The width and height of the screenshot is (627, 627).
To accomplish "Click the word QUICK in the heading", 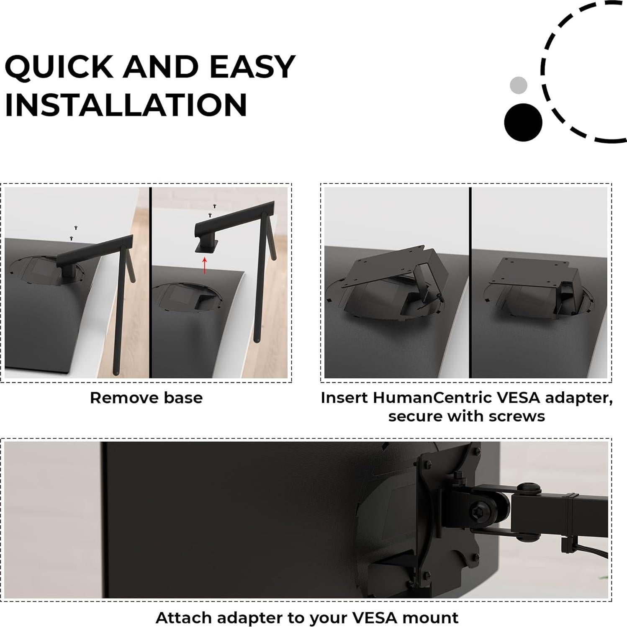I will (58, 67).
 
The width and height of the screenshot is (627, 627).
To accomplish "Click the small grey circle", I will (518, 85).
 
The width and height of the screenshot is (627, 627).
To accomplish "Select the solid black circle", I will (523, 122).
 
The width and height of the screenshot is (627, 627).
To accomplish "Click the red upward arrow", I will (204, 265).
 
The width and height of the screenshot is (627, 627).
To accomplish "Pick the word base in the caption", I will (183, 398).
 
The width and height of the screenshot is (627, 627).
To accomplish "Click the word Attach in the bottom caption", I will (184, 618).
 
